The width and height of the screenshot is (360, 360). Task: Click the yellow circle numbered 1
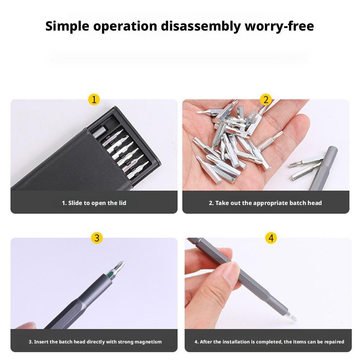pyautogui.click(x=94, y=100)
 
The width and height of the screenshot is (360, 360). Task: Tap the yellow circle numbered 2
pyautogui.click(x=266, y=100)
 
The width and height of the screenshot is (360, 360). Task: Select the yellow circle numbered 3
pyautogui.click(x=97, y=238)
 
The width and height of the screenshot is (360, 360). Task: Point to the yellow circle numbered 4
pyautogui.click(x=271, y=238)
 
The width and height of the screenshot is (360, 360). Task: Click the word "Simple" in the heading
pyautogui.click(x=67, y=26)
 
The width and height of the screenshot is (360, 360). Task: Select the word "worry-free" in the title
pyautogui.click(x=279, y=26)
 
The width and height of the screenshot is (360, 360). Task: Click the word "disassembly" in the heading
pyautogui.click(x=201, y=26)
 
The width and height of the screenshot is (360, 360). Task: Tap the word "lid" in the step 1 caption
pyautogui.click(x=122, y=203)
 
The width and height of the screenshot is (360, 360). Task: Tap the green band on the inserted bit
pyautogui.click(x=110, y=274)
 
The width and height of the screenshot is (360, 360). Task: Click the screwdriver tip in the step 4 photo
pyautogui.click(x=293, y=317)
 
